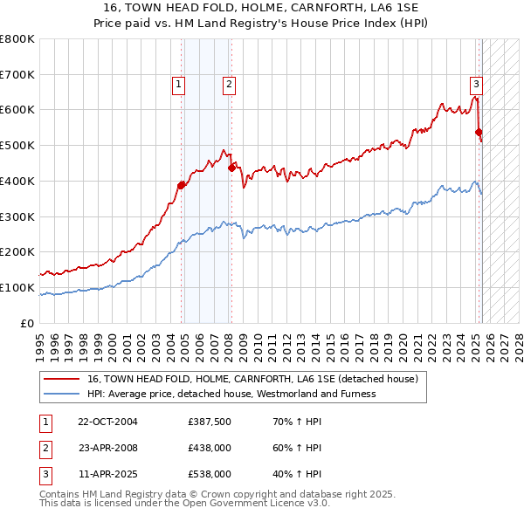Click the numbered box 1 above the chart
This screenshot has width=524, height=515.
coord(178,85)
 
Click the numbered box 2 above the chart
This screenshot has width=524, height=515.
coord(228,85)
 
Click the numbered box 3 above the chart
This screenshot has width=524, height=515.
coord(477,85)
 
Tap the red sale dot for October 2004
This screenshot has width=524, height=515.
coord(182,185)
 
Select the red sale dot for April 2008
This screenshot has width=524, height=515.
coord(231,168)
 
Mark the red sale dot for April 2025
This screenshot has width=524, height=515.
coord(479,133)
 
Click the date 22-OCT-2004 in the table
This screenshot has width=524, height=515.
coord(107,422)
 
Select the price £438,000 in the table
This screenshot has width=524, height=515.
coord(210,448)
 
